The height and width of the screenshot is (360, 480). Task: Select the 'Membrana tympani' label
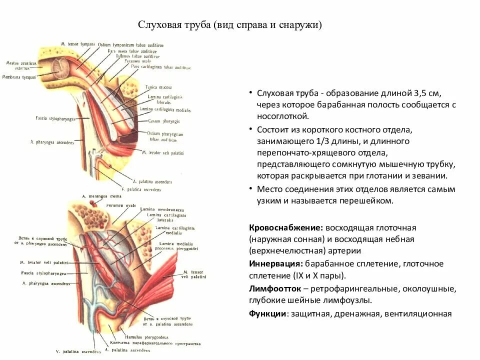click(x=19, y=77)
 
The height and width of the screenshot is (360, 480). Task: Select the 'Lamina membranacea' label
click(x=155, y=209)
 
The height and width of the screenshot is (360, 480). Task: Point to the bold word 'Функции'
click(x=267, y=314)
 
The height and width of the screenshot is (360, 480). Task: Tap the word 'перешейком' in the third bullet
click(x=369, y=201)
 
